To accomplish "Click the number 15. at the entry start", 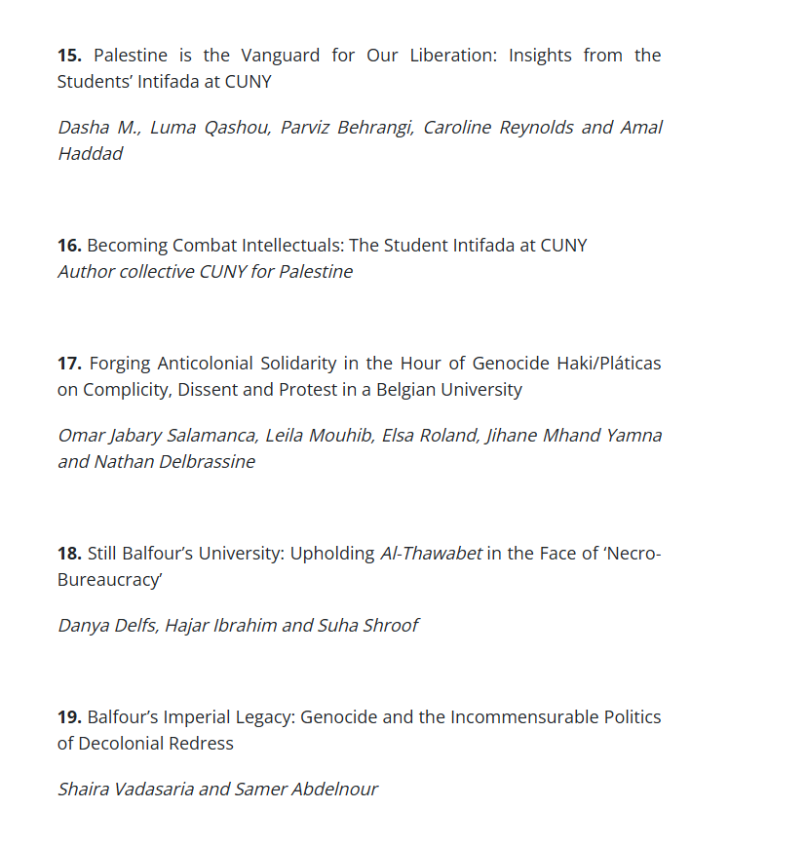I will (70, 56).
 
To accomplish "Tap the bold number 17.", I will (70, 364).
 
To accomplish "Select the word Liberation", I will (440, 56).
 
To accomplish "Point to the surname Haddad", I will (90, 154).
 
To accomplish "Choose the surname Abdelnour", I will (331, 790).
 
